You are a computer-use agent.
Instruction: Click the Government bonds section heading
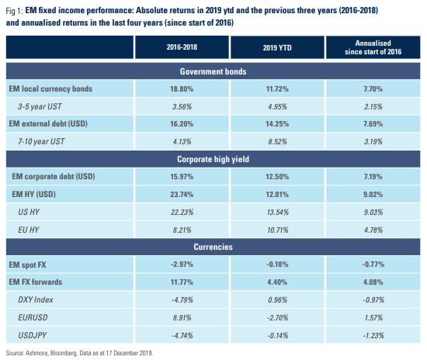tap(213, 71)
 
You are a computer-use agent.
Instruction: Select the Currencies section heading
tap(213, 246)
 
